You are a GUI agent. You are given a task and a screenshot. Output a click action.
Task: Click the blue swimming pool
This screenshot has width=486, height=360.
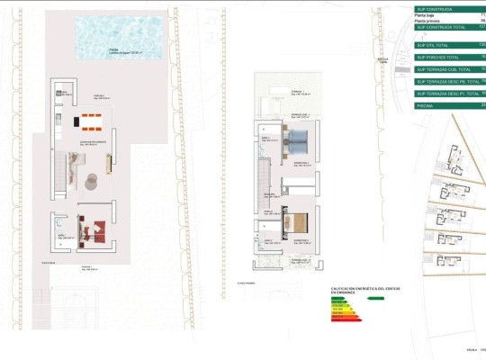click(126, 37)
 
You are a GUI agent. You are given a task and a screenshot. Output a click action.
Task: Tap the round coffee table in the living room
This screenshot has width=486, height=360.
click(92, 183)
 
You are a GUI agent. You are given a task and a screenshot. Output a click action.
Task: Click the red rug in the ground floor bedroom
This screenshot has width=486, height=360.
click(93, 231)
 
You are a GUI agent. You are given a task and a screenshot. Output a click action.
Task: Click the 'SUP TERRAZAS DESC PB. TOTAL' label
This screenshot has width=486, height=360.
click(449, 81)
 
